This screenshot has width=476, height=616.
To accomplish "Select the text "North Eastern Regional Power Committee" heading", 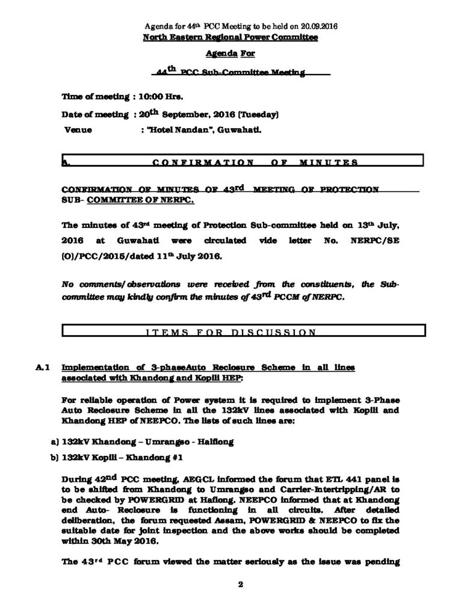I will pyautogui.click(x=230, y=37).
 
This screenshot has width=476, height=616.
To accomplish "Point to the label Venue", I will pyautogui.click(x=78, y=130).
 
